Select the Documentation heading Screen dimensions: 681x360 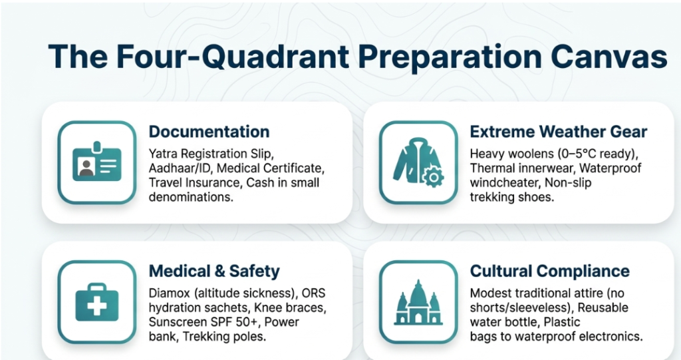[x=209, y=132]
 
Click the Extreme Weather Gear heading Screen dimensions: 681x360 [x=559, y=132]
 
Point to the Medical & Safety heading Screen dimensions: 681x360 [x=214, y=271]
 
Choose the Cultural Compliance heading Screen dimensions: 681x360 [x=549, y=271]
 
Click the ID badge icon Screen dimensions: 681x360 [x=97, y=161]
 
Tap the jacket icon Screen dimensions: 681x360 [x=418, y=162]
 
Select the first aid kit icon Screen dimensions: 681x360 [x=97, y=302]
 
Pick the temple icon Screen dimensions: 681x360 [x=418, y=302]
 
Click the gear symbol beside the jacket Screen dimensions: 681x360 [x=433, y=176]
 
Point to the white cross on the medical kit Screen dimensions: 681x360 [x=97, y=305]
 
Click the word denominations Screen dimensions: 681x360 [x=191, y=197]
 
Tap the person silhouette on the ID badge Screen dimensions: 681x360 [x=86, y=167]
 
